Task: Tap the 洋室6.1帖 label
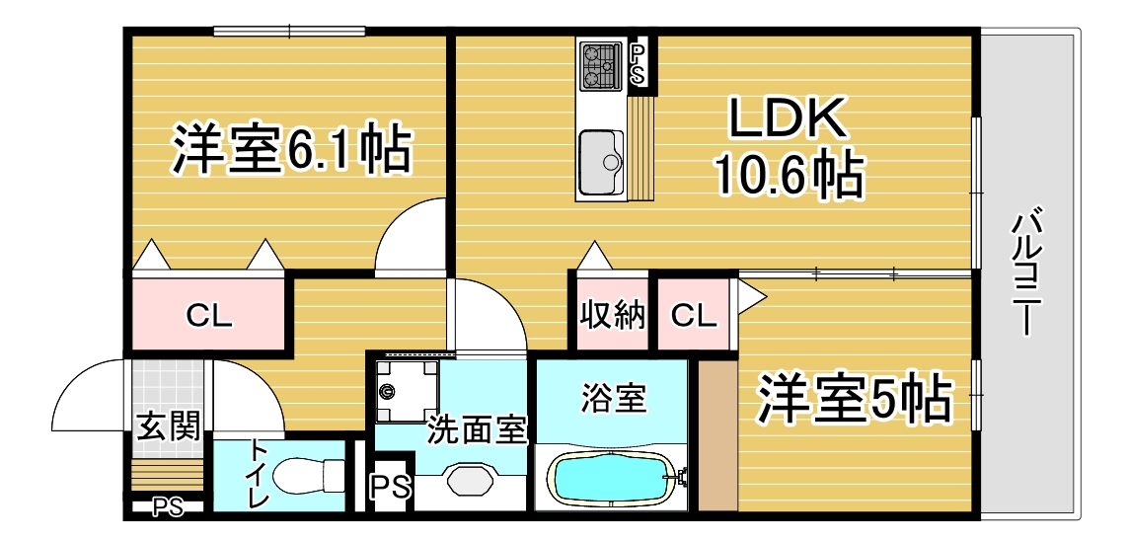(291, 150)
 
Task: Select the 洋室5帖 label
(854, 398)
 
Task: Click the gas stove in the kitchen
(601, 64)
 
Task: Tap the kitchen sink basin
(600, 162)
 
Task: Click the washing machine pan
(407, 391)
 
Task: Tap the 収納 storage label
(613, 316)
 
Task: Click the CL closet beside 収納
(695, 316)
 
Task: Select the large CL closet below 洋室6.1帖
(209, 316)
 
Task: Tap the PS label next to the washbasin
(391, 487)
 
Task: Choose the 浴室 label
(614, 399)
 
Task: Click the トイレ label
(257, 473)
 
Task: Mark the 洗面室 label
(478, 431)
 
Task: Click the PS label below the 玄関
(168, 507)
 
